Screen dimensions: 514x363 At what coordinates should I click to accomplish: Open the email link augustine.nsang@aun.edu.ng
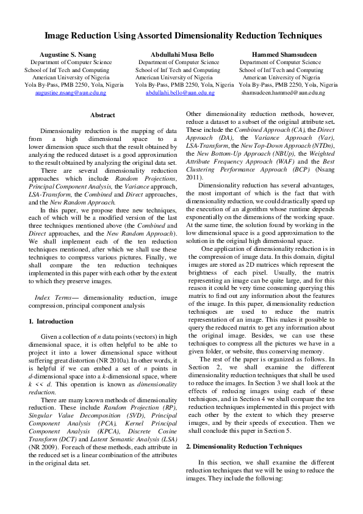tap(71, 93)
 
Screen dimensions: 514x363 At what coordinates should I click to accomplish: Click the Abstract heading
tap(102, 115)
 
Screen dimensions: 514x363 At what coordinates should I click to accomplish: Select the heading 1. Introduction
tap(51, 321)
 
